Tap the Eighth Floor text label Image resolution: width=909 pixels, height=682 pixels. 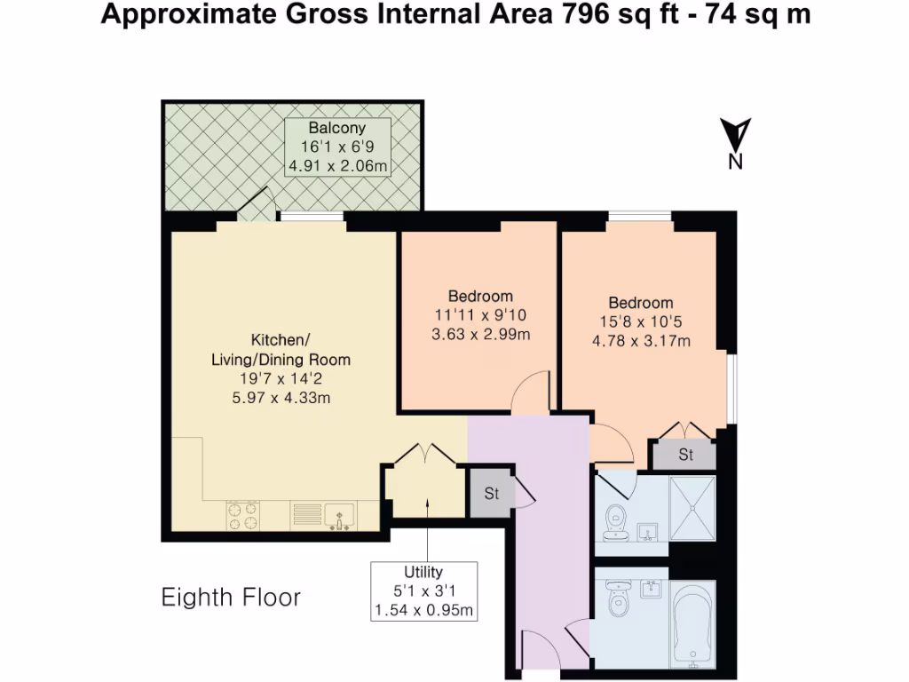tap(231, 598)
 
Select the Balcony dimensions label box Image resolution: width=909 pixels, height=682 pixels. tap(337, 147)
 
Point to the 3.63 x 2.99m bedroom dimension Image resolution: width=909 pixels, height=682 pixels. tap(481, 334)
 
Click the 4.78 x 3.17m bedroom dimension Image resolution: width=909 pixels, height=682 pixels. tap(641, 340)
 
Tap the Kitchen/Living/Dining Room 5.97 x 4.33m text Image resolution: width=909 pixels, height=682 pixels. tap(280, 398)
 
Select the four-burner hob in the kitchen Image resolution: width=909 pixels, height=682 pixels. tap(243, 516)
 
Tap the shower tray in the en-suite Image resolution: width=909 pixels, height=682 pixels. tap(692, 508)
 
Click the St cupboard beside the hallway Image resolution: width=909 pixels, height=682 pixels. tap(491, 494)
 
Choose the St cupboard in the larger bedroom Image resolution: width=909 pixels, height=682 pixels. tap(685, 455)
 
